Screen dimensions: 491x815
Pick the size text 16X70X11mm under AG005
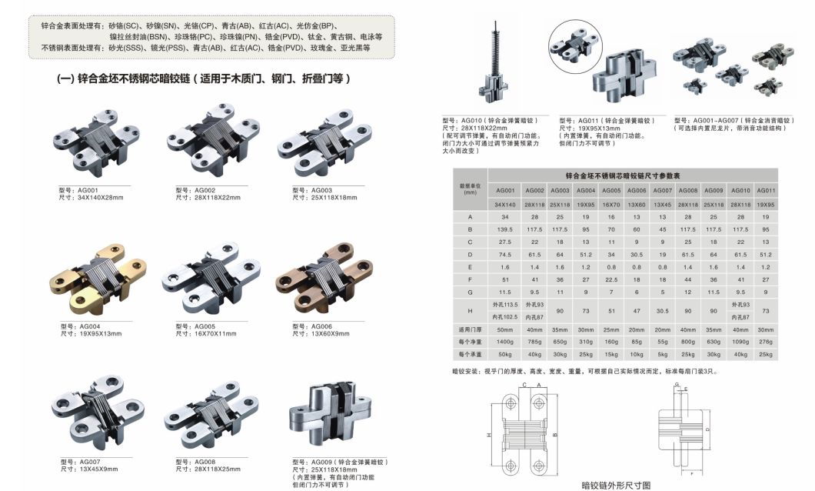coord(208,332)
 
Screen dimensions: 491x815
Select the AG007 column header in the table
coord(662,190)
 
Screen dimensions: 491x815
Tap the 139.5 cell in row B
coord(504,229)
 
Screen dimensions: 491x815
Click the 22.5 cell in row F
coord(610,279)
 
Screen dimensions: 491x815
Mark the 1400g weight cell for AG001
coord(504,342)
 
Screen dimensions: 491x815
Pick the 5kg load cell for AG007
coord(662,354)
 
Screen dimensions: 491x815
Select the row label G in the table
coord(469,292)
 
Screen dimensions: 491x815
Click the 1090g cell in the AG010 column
coord(740,342)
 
